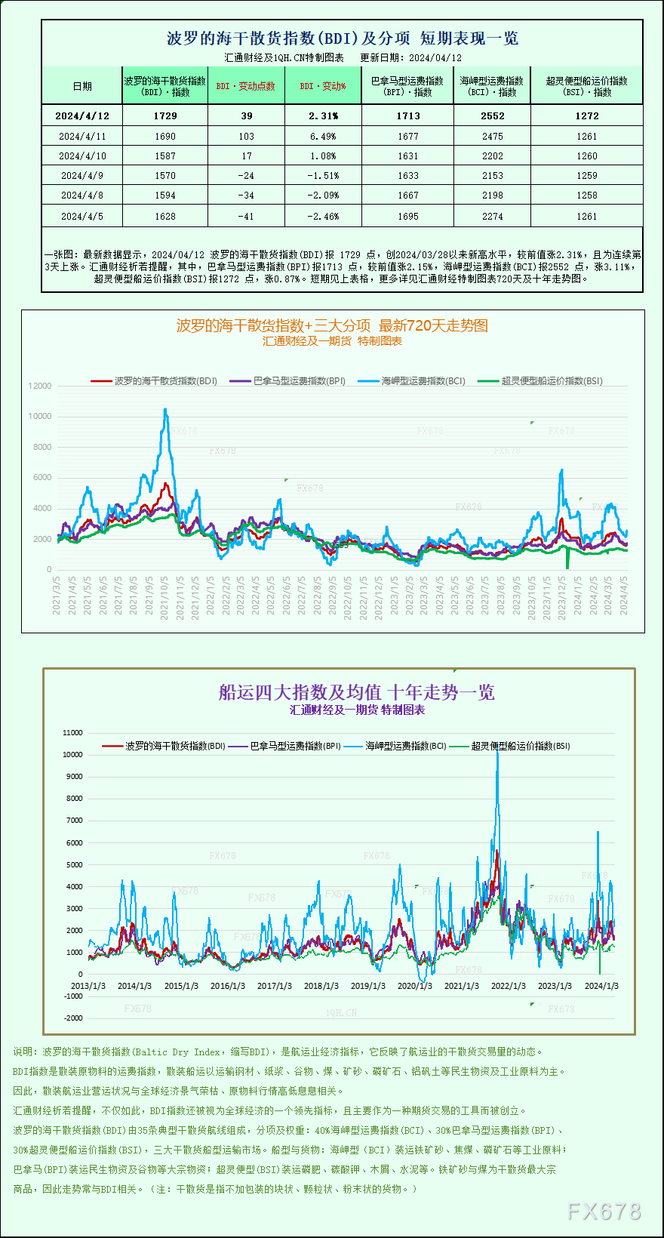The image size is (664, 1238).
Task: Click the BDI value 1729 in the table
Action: click(x=164, y=115)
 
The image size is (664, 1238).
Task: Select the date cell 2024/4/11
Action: click(x=82, y=137)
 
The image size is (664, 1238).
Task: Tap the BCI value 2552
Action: click(x=492, y=115)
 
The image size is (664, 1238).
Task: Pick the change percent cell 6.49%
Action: click(x=323, y=137)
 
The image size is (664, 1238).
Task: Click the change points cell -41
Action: click(x=246, y=217)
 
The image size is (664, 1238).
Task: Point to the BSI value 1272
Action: click(x=586, y=115)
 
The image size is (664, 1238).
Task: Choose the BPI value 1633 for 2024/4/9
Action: click(x=407, y=176)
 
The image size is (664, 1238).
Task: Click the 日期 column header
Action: click(x=82, y=86)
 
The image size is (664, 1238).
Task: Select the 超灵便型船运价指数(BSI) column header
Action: click(x=586, y=86)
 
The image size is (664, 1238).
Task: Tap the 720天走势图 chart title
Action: click(x=332, y=325)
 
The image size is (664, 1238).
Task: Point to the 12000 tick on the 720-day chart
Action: click(x=40, y=386)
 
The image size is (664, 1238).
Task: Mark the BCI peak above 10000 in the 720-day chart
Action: click(x=165, y=409)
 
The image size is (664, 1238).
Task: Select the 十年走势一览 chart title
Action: click(x=356, y=692)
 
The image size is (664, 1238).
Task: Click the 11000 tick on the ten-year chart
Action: click(x=73, y=733)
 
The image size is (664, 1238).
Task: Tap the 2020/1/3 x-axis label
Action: click(x=414, y=986)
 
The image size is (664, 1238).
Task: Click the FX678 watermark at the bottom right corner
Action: click(x=604, y=1212)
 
